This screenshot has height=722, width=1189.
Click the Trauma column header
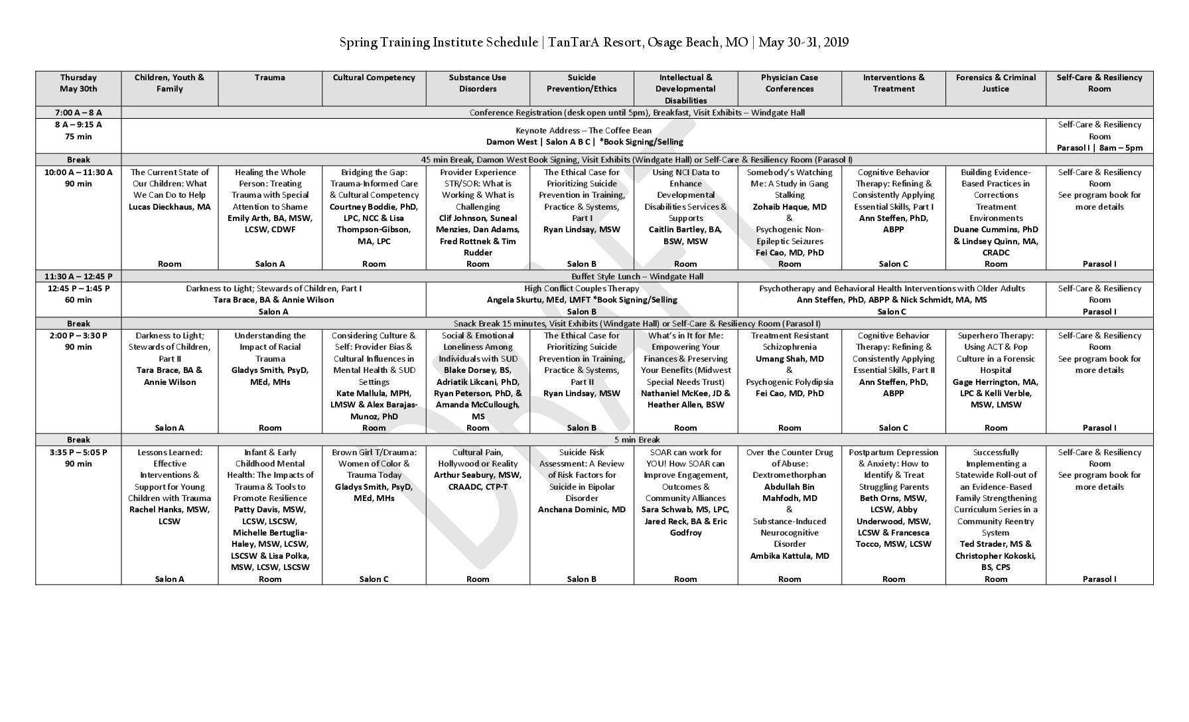click(x=269, y=78)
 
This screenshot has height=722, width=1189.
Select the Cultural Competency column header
click(x=374, y=78)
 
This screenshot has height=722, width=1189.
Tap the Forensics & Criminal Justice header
click(x=995, y=83)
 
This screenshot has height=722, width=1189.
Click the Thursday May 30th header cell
click(x=78, y=83)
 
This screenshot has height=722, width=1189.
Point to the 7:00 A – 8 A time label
click(x=78, y=113)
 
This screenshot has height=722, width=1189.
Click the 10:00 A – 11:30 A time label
click(x=78, y=173)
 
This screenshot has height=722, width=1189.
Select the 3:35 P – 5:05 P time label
click(x=78, y=453)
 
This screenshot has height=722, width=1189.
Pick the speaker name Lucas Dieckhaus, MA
click(x=169, y=207)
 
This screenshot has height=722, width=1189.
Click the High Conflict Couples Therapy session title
click(x=581, y=289)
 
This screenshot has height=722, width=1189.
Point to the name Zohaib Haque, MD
click(x=789, y=207)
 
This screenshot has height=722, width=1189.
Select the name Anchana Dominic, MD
click(x=581, y=510)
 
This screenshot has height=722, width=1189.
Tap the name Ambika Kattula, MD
click(x=789, y=556)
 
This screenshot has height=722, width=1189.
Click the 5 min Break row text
click(x=637, y=440)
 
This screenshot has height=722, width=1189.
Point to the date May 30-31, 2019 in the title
click(x=804, y=43)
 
